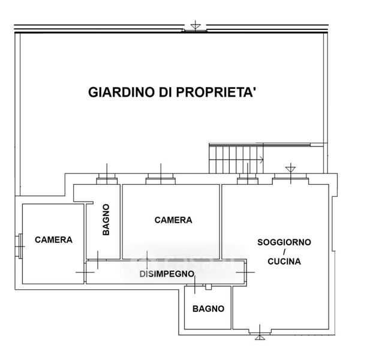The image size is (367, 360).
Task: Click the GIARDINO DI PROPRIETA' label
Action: click(171, 92)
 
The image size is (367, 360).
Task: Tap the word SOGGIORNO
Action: click(284, 242)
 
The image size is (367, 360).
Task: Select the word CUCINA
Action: click(284, 262)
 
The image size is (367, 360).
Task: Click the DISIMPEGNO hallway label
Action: click(167, 274)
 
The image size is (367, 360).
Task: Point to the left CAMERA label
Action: click(53, 239)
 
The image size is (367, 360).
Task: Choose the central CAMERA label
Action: click(173, 220)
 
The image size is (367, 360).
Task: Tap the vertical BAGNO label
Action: click(106, 220)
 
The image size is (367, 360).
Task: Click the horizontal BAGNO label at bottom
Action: click(208, 309)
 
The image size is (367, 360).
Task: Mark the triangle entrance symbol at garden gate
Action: click(195, 25)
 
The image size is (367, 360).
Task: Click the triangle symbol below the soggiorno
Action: click(260, 337)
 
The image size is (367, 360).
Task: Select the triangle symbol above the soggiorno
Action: click(290, 169)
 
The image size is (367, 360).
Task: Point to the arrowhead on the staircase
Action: click(261, 160)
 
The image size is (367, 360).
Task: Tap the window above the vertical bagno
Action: click(107, 179)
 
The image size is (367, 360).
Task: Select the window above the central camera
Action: click(161, 179)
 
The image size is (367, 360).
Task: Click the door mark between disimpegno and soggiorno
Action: click(245, 272)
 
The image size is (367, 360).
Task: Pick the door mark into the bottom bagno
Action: click(195, 285)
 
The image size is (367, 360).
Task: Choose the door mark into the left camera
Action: click(85, 272)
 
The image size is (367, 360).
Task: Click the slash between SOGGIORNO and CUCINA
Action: click(284, 252)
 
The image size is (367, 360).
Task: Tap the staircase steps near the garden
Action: click(236, 159)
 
